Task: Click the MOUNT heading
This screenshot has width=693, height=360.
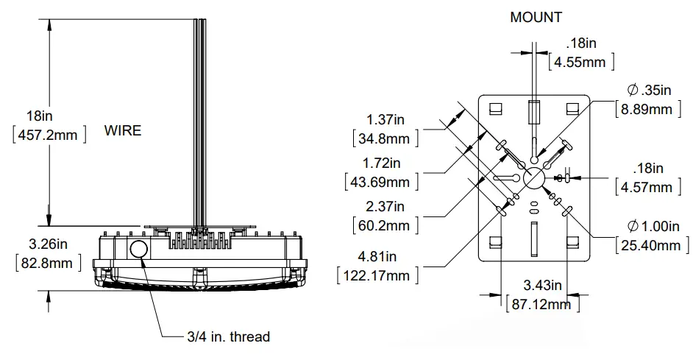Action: click(x=536, y=17)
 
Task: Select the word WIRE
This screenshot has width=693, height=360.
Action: click(x=122, y=131)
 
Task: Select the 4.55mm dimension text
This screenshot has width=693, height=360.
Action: click(x=580, y=62)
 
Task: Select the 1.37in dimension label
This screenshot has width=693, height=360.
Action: click(x=383, y=120)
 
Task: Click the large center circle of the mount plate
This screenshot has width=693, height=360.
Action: click(x=533, y=177)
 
